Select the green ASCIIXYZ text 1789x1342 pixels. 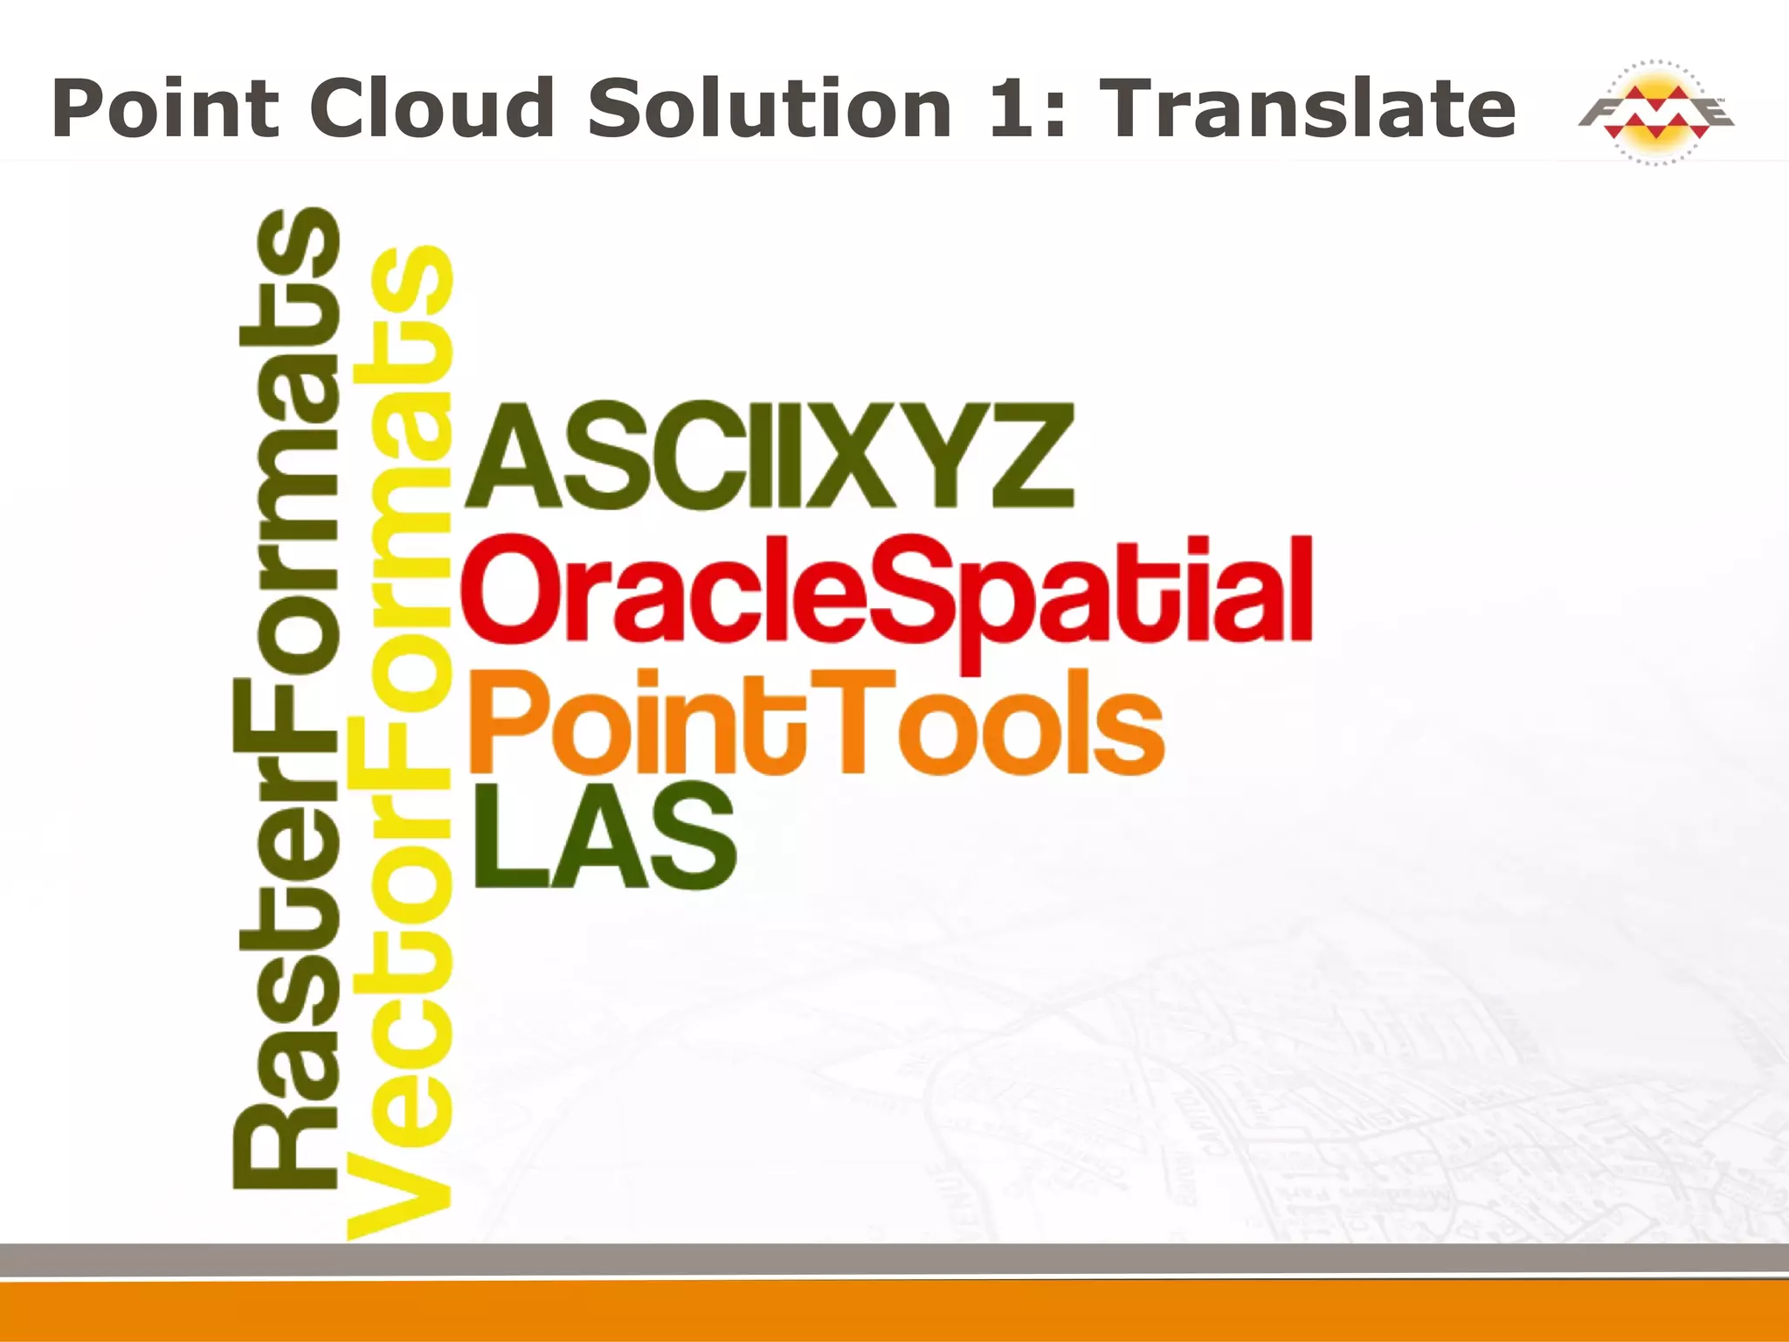click(x=769, y=456)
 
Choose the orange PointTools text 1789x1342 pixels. click(x=817, y=723)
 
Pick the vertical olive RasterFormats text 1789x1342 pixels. click(x=287, y=699)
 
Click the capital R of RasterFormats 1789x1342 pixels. click(x=287, y=1145)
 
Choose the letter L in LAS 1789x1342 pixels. click(x=507, y=837)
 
